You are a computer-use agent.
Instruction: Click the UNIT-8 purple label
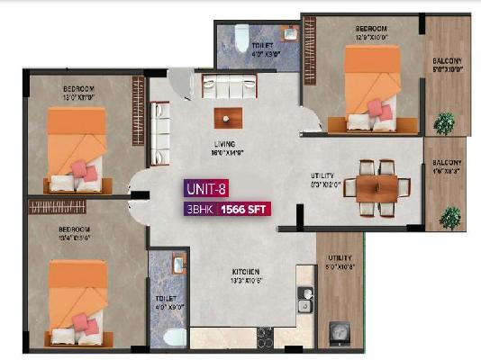206,190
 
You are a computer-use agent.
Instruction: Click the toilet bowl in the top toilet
240,36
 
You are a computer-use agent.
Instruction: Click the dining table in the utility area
376,186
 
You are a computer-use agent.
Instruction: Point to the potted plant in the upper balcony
443,123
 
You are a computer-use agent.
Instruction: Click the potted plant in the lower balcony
449,216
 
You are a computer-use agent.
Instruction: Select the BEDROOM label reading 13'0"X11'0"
78,92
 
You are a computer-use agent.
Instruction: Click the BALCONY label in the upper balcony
447,62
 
